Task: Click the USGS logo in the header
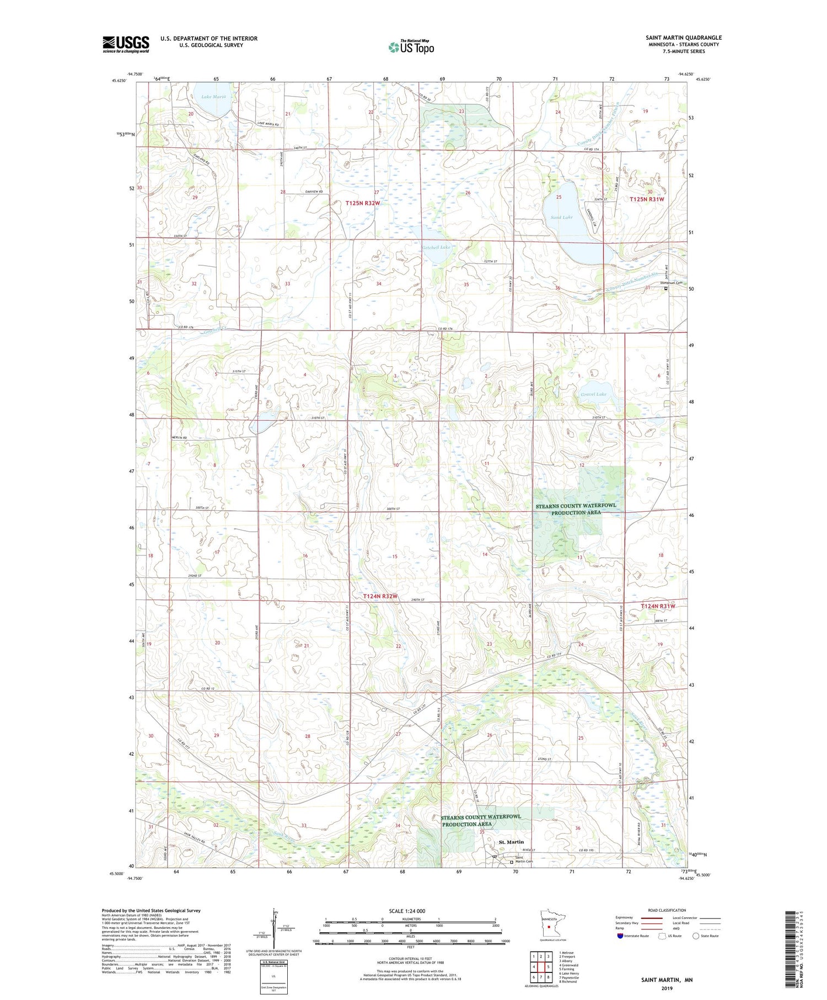point(126,44)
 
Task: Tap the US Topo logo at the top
point(411,47)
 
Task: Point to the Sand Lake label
point(561,217)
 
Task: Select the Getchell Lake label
point(436,247)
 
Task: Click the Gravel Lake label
point(593,394)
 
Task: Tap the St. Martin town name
point(511,842)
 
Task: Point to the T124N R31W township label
point(658,606)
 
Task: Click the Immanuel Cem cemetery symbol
point(665,288)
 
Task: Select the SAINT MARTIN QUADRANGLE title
point(683,38)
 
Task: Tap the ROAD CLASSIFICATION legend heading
point(667,910)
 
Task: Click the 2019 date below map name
point(667,987)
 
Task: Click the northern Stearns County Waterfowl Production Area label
point(576,509)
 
